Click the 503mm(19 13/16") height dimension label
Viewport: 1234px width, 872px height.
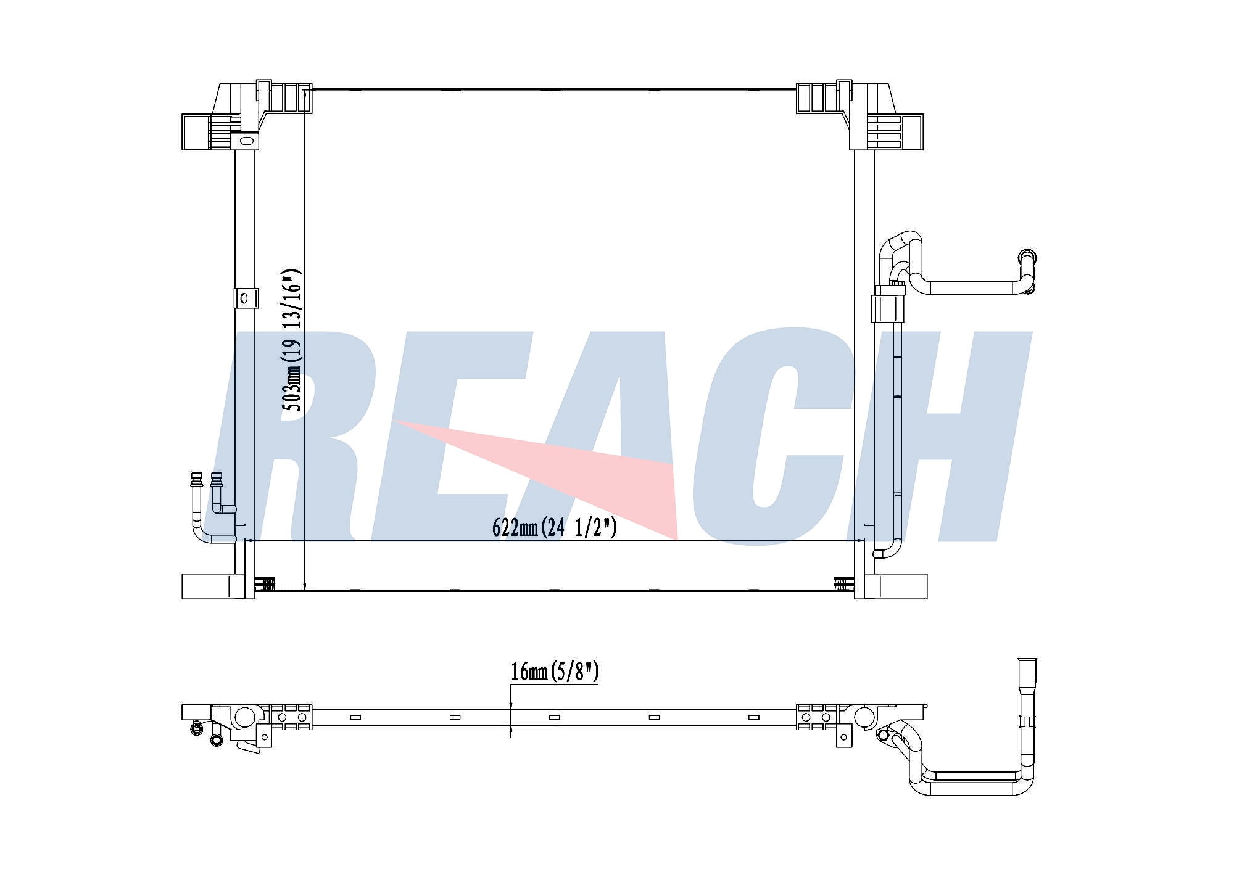291,340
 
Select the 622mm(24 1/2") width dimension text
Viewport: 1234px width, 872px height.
555,528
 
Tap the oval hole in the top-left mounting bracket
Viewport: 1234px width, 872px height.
246,141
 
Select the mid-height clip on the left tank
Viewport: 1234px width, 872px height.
244,298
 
